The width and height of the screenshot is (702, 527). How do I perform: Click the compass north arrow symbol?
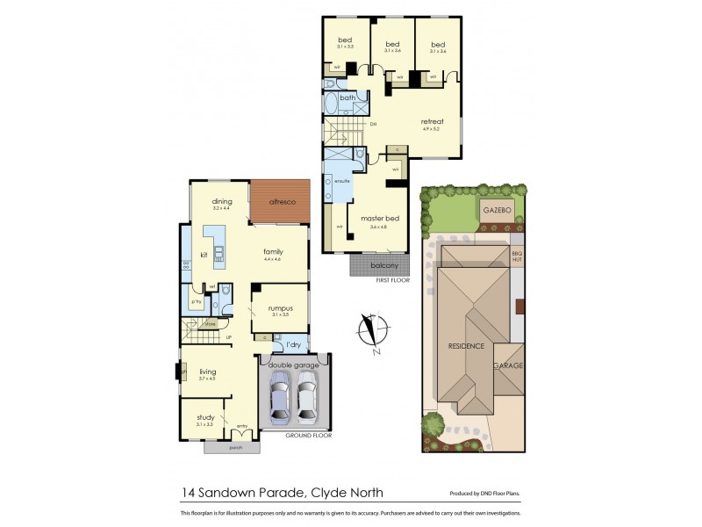coord(373,332)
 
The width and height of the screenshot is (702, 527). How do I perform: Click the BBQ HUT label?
coord(516,256)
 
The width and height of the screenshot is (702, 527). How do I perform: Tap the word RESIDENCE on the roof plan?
coord(465,346)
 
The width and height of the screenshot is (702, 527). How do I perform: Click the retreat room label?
coord(432,121)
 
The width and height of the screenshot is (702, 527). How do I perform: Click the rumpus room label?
coord(281,309)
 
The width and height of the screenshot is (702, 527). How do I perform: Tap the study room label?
coord(205,417)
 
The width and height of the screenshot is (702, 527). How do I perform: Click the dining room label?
coord(221,202)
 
